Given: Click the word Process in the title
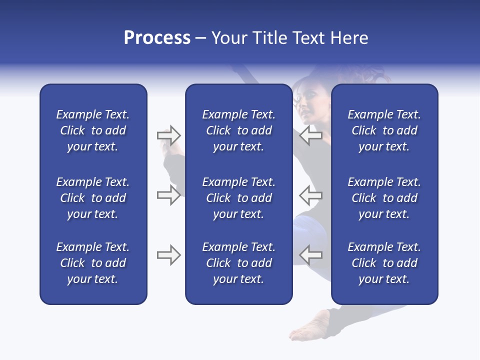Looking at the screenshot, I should pos(157,38).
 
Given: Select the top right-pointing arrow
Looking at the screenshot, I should pos(168,135).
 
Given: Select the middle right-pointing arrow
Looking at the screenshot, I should pos(168,195).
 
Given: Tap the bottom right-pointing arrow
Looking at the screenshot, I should pos(168,255).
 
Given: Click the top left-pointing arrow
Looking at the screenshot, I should pos(310,135).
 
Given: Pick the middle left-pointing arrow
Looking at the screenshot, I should pos(310,195).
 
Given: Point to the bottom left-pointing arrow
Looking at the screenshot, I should pos(310,255).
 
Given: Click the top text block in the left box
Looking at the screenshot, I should pos(93,130).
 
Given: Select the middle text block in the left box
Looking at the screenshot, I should pos(93,198).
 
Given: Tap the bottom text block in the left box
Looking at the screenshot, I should pos(93,263).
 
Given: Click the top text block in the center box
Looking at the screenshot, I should pos(238,130).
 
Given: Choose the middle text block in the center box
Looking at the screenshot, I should pos(238,198).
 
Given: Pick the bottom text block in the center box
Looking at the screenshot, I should pos(238,263).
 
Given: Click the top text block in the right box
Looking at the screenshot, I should pos(384,130).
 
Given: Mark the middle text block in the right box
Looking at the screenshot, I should pos(384,198).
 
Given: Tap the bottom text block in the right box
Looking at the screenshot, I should pos(384,263).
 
